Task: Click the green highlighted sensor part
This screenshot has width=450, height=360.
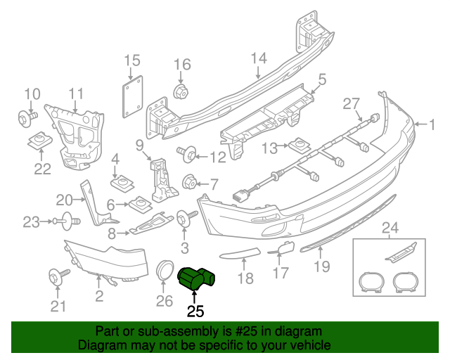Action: [x=199, y=278]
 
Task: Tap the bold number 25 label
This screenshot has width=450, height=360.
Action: [x=195, y=310]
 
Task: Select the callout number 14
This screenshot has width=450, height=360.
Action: [x=259, y=58]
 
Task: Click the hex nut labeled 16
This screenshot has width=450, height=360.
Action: [x=181, y=91]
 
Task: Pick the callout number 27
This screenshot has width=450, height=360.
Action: [x=352, y=104]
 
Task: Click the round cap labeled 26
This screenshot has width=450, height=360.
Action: [x=165, y=271]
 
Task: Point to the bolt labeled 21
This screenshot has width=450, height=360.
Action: [x=57, y=276]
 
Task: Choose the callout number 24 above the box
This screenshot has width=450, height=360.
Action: [x=389, y=226]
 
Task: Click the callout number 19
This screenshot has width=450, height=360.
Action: [x=321, y=266]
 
